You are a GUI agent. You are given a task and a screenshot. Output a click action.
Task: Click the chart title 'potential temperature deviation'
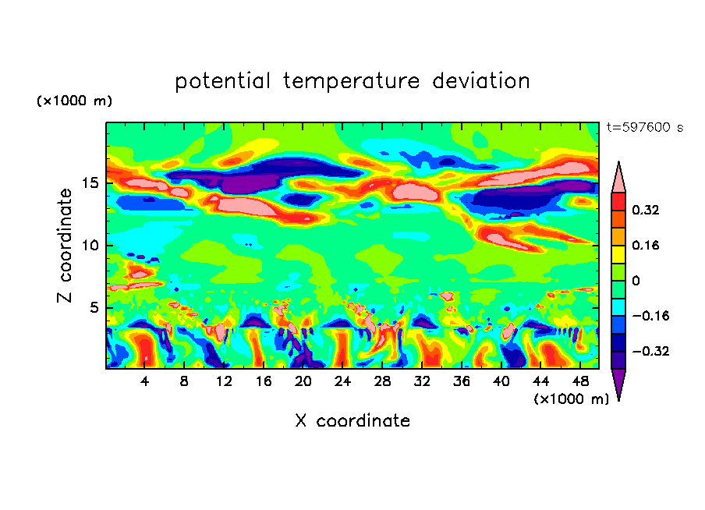pyautogui.click(x=352, y=81)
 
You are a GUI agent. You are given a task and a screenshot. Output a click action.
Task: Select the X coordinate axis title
pyautogui.click(x=352, y=421)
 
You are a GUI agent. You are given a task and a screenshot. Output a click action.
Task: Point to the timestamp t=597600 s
pyautogui.click(x=644, y=128)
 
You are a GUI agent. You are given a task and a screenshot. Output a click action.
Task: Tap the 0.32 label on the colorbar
pyautogui.click(x=647, y=210)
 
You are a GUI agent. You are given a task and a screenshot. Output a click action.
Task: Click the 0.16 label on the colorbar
pyautogui.click(x=647, y=245)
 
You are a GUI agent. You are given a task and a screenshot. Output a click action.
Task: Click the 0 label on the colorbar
pyautogui.click(x=636, y=281)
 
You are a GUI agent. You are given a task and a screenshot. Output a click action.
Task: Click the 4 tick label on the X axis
pyautogui.click(x=145, y=381)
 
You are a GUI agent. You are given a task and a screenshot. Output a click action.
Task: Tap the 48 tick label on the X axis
pyautogui.click(x=579, y=381)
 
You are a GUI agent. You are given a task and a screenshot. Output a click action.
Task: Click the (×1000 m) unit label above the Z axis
pyautogui.click(x=74, y=101)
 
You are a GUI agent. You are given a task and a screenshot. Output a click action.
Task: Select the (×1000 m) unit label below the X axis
pyautogui.click(x=571, y=399)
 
